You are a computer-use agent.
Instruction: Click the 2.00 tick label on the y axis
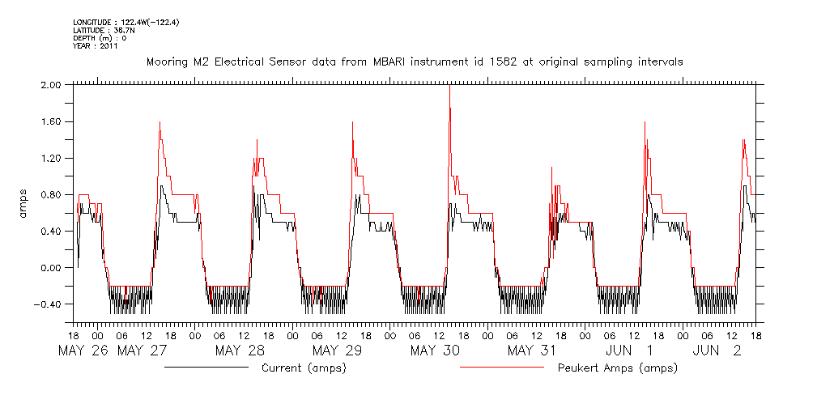[51, 84]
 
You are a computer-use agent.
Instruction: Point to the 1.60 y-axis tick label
[51, 121]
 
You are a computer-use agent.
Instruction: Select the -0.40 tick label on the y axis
[49, 304]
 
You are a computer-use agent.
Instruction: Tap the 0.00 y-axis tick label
[51, 268]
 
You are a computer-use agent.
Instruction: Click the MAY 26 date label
[84, 351]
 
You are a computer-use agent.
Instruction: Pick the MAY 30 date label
[436, 351]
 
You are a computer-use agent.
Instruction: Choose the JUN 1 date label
[631, 351]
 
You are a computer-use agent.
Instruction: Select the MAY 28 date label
[240, 351]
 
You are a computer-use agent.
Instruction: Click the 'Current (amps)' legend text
[304, 368]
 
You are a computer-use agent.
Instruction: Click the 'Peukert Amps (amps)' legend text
[617, 368]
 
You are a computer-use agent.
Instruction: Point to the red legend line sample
[501, 368]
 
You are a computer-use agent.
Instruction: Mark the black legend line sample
[206, 368]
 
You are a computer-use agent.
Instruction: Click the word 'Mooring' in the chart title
[166, 62]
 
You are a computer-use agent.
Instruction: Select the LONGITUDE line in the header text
[126, 22]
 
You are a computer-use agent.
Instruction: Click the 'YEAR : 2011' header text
[96, 46]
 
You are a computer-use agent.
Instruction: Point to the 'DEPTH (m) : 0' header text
[100, 38]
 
